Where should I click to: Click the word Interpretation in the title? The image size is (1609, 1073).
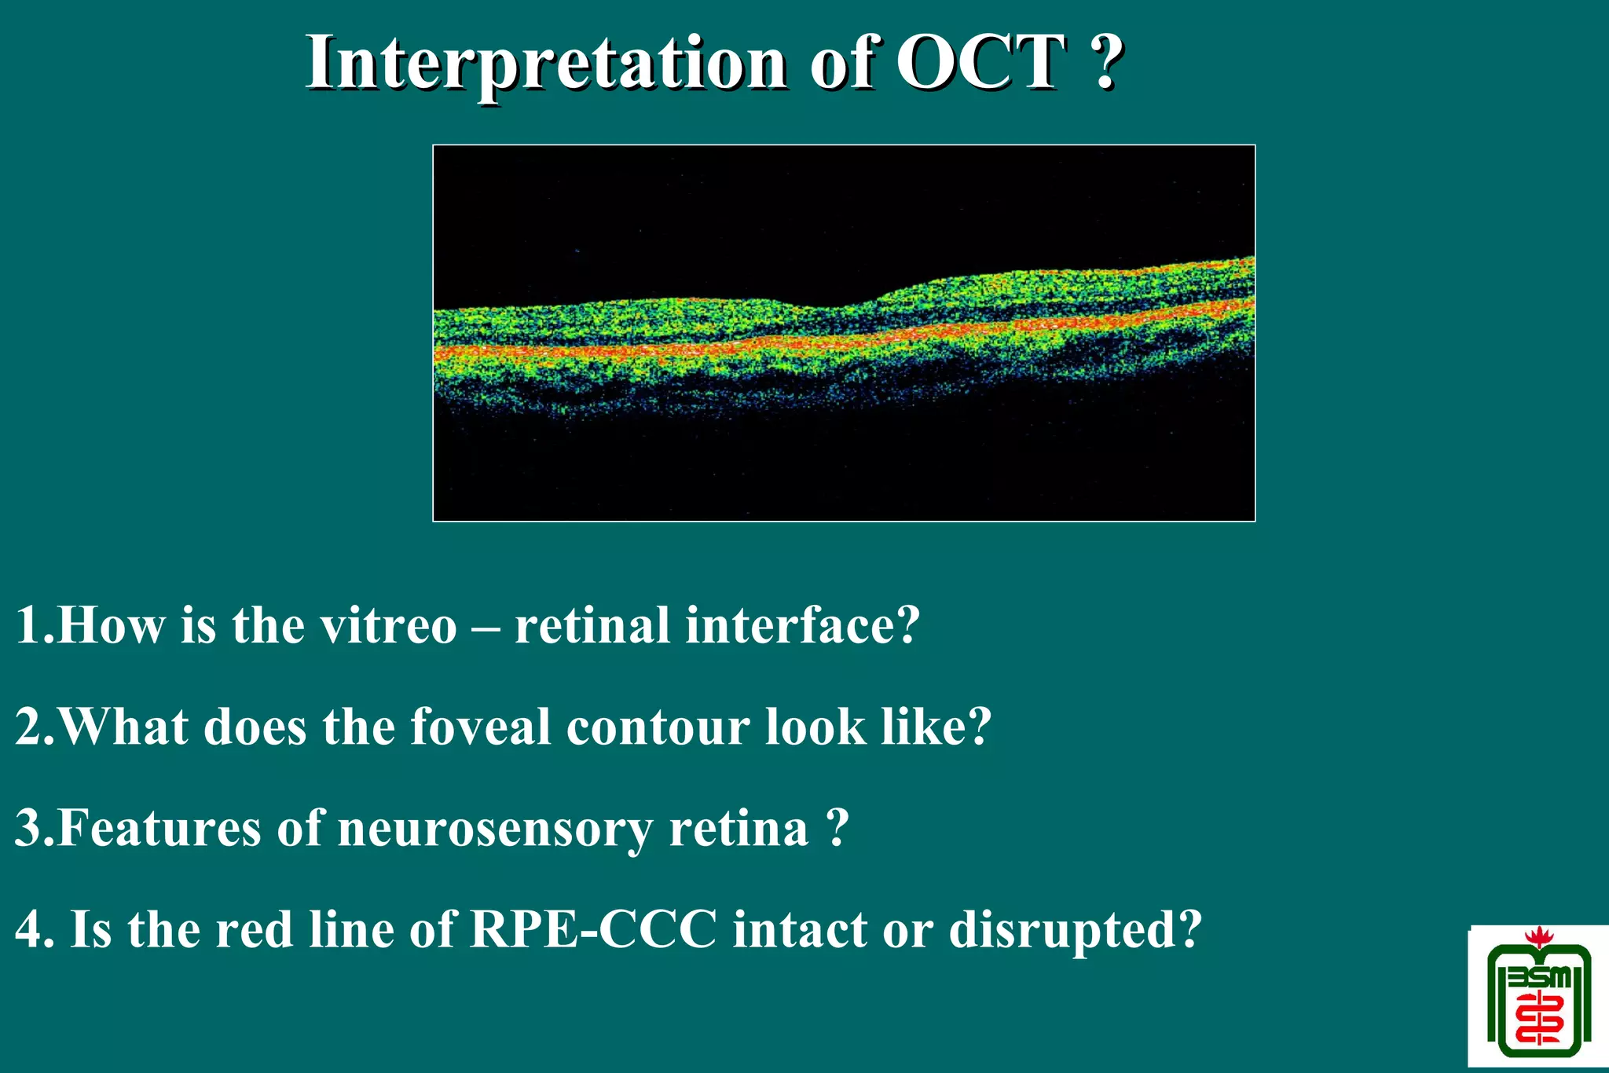coord(546,63)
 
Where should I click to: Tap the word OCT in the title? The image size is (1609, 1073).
coord(981,63)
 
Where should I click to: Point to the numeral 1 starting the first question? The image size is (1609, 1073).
coord(27,626)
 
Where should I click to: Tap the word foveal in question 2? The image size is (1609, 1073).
coord(479,727)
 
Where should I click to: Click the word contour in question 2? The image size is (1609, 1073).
coord(658,727)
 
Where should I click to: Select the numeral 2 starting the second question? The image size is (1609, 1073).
coord(29,727)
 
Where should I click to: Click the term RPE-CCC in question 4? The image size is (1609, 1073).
coord(593,930)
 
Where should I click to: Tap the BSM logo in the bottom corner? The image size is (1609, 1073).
coord(1538,999)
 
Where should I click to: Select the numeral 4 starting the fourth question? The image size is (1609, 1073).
coord(30,930)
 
